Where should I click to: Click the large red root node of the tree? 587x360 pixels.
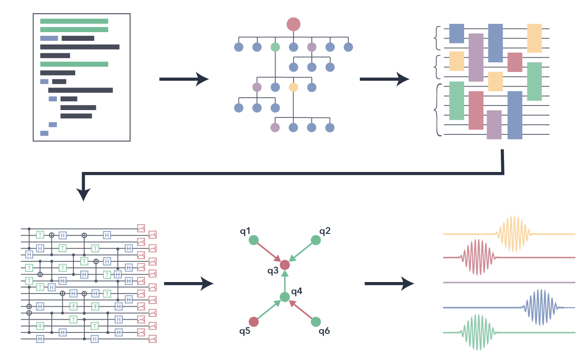(x=293, y=24)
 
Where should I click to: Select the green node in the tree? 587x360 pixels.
(x=275, y=47)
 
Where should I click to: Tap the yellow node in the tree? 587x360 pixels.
(x=293, y=87)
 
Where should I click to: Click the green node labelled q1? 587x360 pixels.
(x=254, y=240)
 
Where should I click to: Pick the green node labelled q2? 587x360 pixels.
(x=316, y=240)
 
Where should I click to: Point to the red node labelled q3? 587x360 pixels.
(x=285, y=265)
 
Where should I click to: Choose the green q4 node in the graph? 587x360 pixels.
(x=285, y=297)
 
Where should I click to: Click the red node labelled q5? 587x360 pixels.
(x=254, y=321)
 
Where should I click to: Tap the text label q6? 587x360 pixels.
(x=324, y=331)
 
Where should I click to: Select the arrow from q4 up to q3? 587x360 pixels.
(x=285, y=281)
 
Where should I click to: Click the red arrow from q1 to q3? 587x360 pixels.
(x=269, y=252)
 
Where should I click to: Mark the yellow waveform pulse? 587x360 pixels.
(x=514, y=234)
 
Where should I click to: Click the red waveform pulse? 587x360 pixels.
(x=479, y=257)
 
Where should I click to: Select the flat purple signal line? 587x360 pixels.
(x=509, y=282)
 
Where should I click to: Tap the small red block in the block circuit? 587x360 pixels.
(x=515, y=62)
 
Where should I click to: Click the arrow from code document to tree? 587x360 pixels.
(x=183, y=79)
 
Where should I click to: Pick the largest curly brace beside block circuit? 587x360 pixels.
(x=438, y=110)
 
